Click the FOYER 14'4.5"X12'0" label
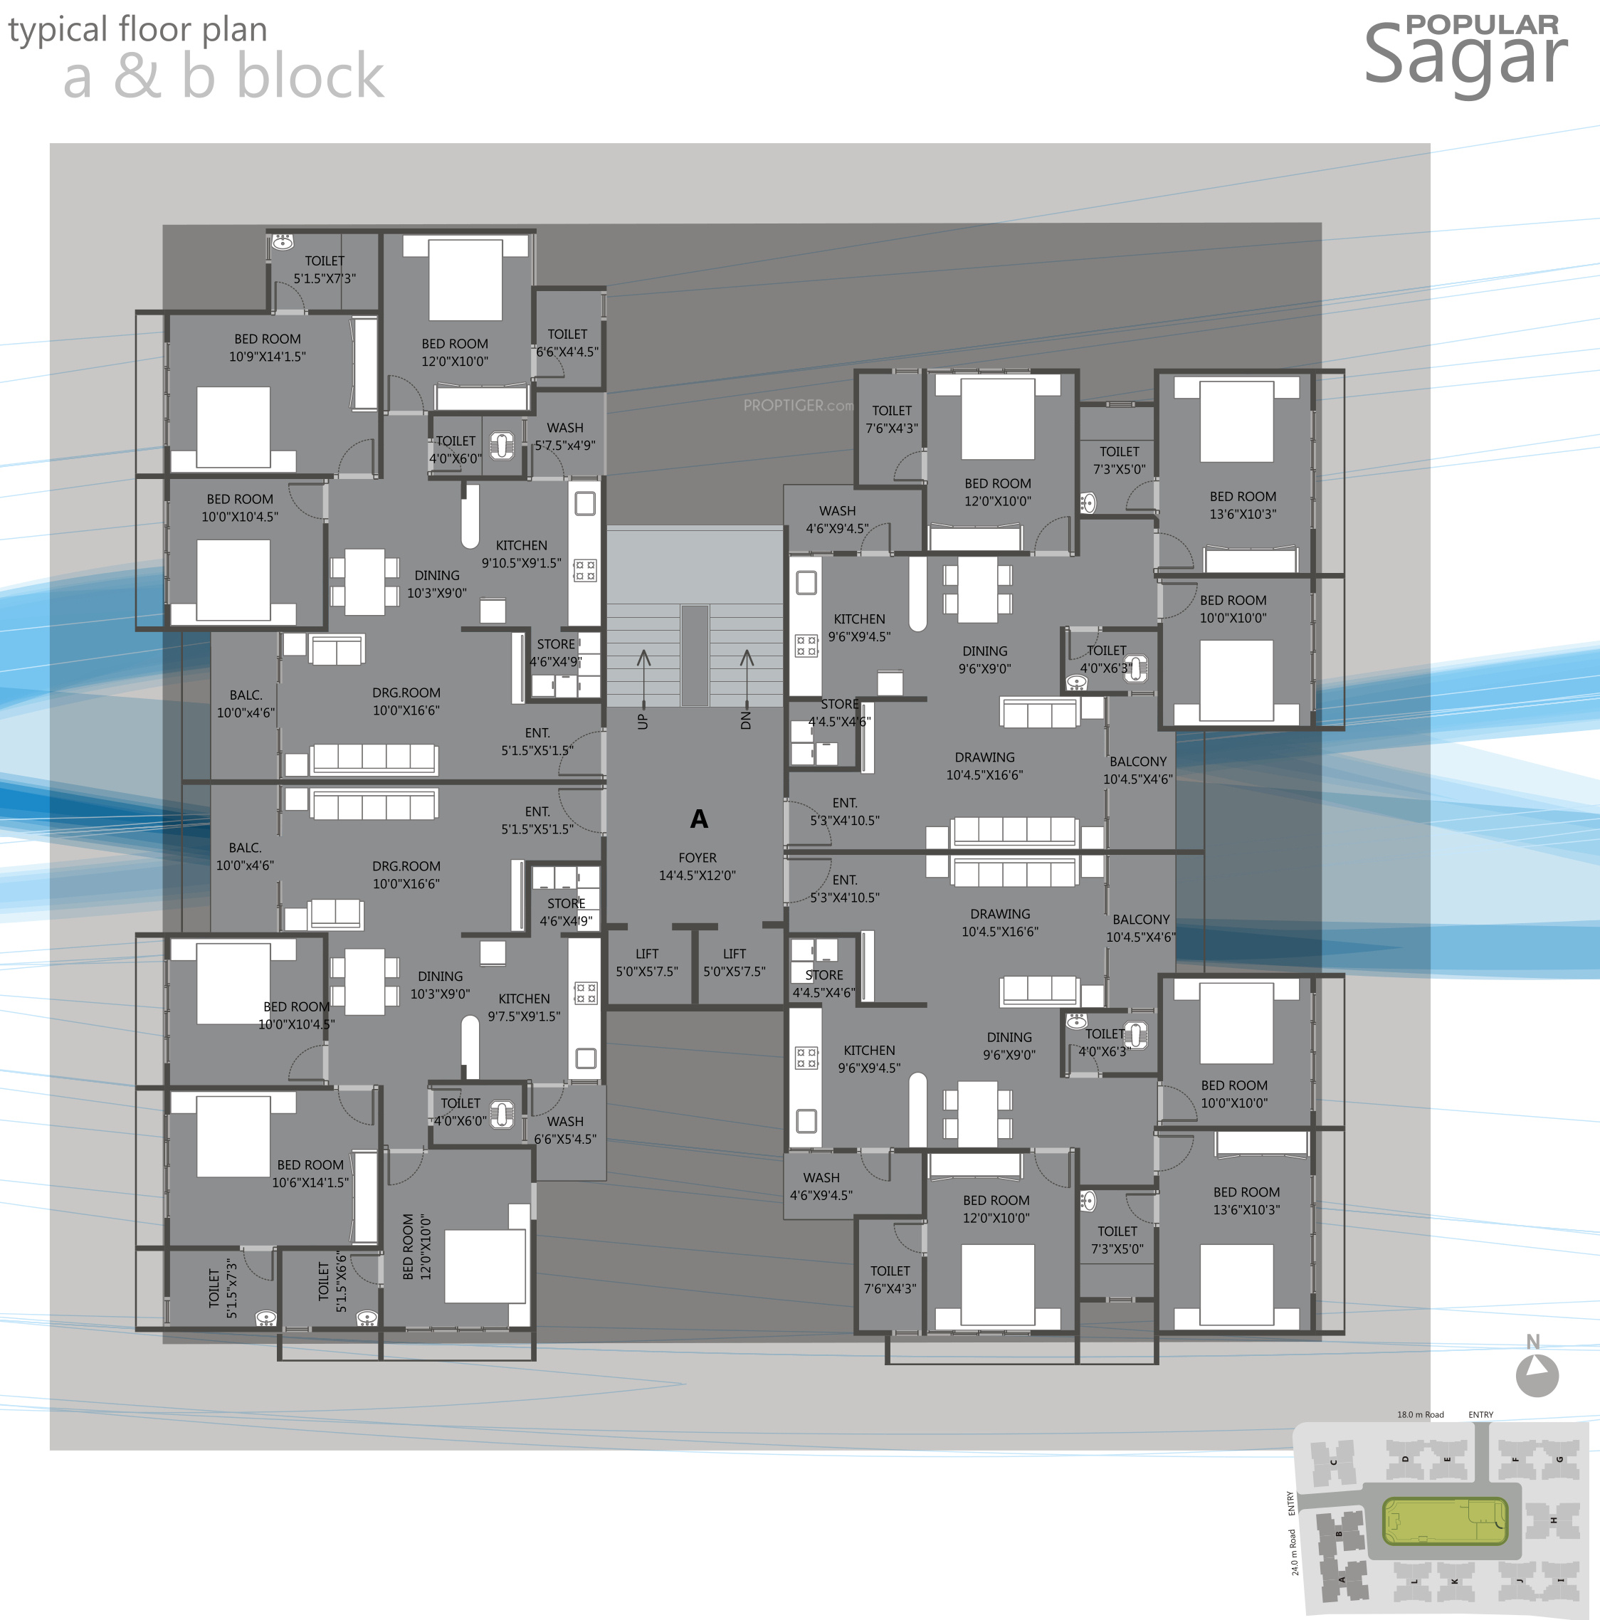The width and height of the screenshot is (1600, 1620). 697,866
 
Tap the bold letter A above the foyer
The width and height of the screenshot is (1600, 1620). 698,819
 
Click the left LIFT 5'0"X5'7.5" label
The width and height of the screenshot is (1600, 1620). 646,962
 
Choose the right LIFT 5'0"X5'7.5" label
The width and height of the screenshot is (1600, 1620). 734,962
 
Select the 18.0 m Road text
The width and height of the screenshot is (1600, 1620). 1420,1414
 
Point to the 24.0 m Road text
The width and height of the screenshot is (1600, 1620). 1294,1551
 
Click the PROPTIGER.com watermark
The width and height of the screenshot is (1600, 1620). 797,406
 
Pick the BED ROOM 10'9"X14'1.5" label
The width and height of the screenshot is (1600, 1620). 268,348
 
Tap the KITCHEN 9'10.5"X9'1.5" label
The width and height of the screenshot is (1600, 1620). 521,554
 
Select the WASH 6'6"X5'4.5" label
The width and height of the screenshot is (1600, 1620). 565,1130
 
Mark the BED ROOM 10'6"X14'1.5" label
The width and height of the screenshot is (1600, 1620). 310,1174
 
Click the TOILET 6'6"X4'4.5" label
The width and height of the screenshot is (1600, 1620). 568,343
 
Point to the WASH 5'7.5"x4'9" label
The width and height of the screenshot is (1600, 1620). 565,437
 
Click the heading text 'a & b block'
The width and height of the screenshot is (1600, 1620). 223,76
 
